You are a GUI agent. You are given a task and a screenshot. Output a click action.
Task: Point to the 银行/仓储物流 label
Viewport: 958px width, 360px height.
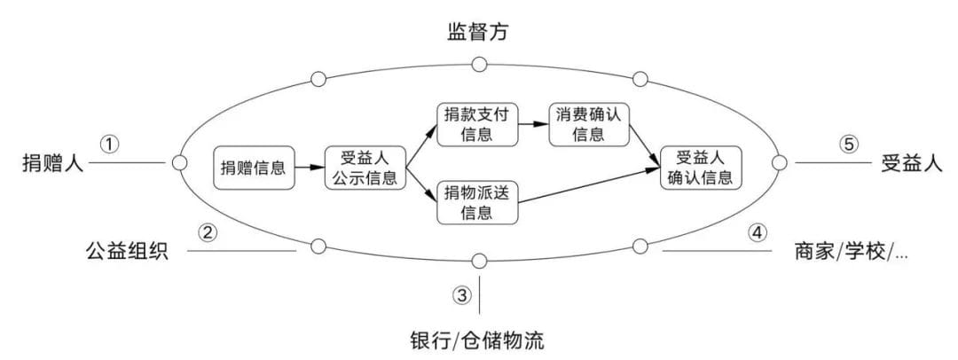point(478,340)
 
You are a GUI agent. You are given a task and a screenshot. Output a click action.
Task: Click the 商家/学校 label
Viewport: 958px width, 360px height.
point(851,251)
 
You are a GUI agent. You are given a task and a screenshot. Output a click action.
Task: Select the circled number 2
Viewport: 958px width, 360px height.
point(208,233)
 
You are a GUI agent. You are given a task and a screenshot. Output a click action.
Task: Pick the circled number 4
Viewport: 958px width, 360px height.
point(756,233)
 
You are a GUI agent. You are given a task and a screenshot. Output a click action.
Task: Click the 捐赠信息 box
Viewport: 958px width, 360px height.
point(254,167)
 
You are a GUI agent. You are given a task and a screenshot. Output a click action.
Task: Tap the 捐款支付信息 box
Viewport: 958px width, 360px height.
point(477,125)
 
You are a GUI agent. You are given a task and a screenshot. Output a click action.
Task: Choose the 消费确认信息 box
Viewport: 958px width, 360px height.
point(588,125)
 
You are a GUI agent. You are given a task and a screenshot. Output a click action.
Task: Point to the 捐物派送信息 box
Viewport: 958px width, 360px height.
point(477,201)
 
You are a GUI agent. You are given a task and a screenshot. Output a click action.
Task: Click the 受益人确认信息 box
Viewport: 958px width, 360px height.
point(701,167)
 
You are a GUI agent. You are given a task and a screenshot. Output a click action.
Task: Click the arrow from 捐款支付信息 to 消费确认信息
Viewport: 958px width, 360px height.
point(533,125)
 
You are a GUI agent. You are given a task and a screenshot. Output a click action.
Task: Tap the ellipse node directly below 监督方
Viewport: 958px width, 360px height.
point(479,64)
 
